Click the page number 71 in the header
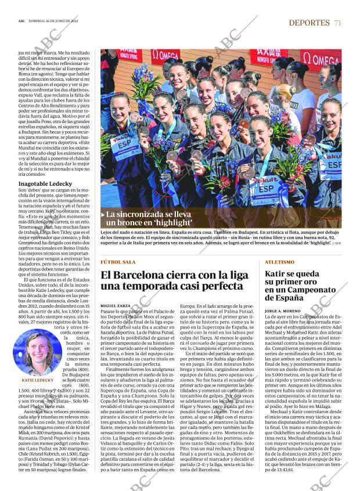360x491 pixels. [x=337, y=23]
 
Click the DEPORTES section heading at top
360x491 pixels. [x=309, y=23]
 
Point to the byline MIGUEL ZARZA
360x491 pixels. [x=116, y=305]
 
